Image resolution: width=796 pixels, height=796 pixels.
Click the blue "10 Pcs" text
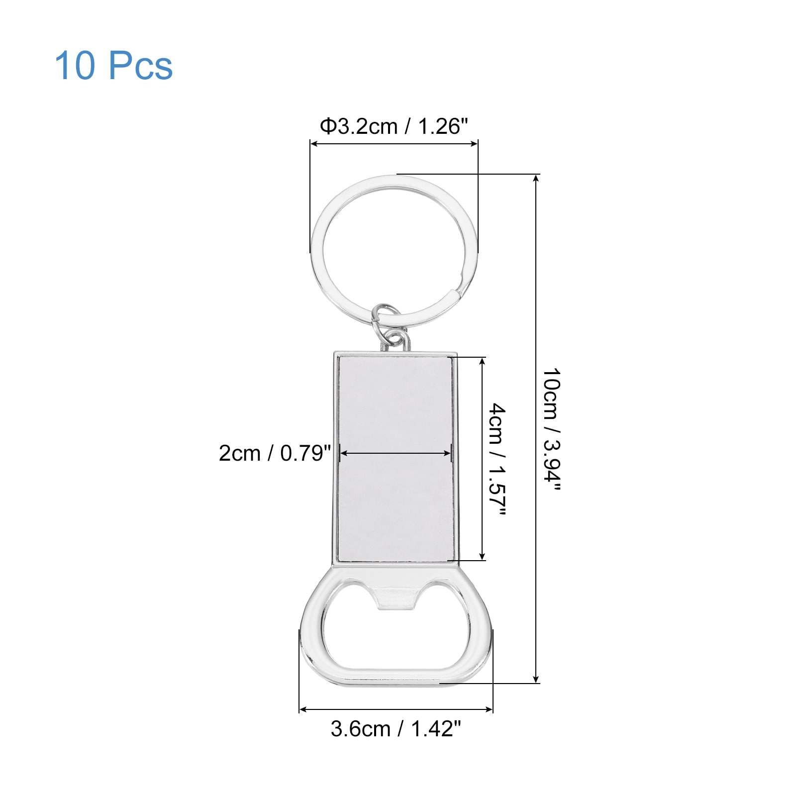click(x=113, y=66)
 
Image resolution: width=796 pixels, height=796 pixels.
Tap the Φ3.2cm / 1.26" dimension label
click(x=394, y=126)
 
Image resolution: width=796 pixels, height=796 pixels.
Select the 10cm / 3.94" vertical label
click(x=551, y=429)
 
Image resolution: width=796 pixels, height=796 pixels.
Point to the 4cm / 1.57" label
click(x=497, y=460)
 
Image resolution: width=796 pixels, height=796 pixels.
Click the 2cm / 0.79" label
click(x=275, y=453)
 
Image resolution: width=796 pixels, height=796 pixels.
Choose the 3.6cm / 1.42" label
click(x=396, y=729)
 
